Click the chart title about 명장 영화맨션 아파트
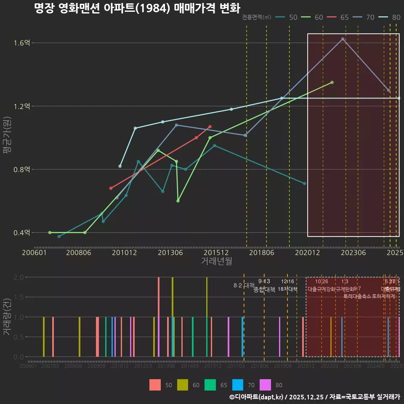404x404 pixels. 137,8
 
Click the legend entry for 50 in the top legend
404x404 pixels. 288,17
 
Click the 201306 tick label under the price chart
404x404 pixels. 170,253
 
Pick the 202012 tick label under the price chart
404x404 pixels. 306,253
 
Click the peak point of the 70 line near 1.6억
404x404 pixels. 343,39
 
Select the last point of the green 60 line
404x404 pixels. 332,82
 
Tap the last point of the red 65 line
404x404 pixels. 210,127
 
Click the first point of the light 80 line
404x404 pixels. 120,166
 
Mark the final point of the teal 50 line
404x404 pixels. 304,183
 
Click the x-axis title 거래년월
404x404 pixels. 216,261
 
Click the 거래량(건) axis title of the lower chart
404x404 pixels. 7,317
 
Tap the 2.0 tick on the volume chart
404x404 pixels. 18,277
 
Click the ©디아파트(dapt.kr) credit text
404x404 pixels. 256,397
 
